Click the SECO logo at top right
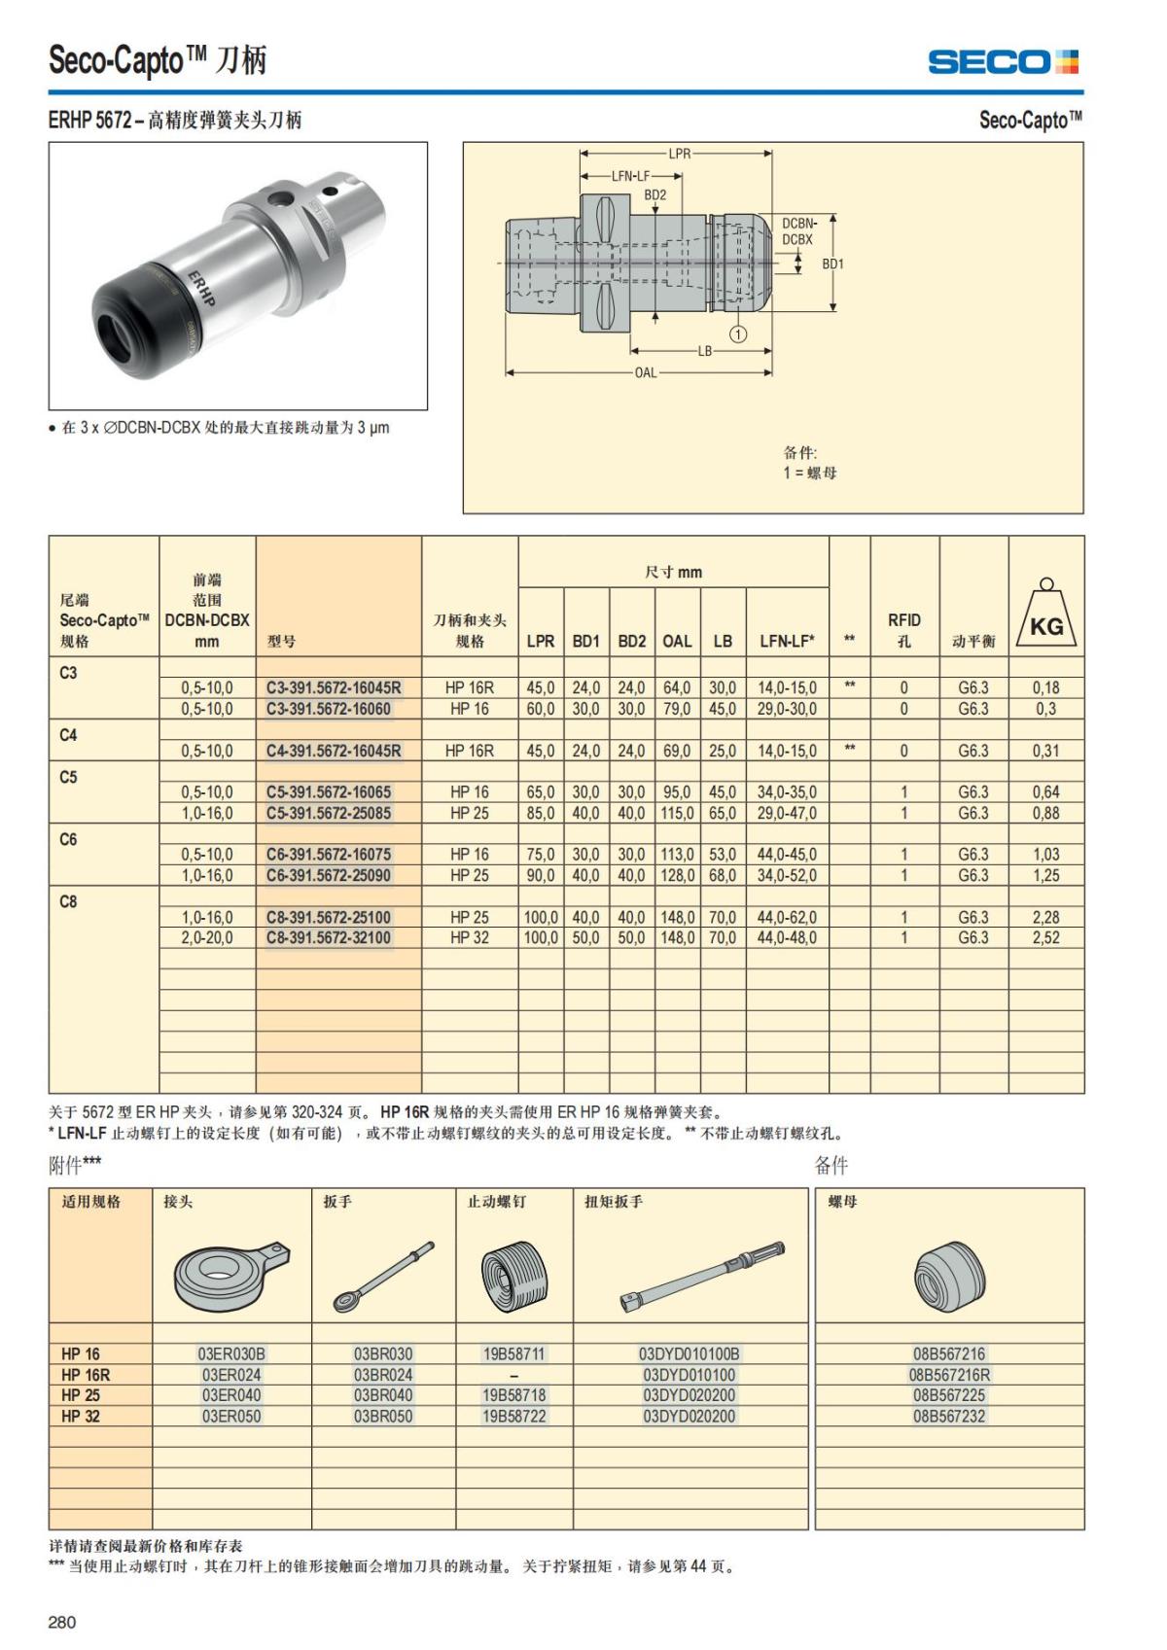pyautogui.click(x=1002, y=62)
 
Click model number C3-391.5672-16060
pyautogui.click(x=329, y=709)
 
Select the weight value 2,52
pyautogui.click(x=1045, y=938)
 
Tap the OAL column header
pyautogui.click(x=677, y=641)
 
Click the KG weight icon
pyautogui.click(x=1046, y=614)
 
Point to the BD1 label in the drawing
pyautogui.click(x=833, y=263)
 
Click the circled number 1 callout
pyautogui.click(x=738, y=334)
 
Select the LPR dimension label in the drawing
pyautogui.click(x=679, y=154)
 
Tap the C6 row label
pyautogui.click(x=69, y=839)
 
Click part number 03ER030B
pyautogui.click(x=231, y=1353)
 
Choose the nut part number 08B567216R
pyautogui.click(x=949, y=1375)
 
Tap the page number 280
pyautogui.click(x=62, y=1622)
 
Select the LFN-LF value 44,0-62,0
pyautogui.click(x=787, y=917)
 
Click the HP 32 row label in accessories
pyautogui.click(x=81, y=1417)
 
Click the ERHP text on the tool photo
pyautogui.click(x=201, y=289)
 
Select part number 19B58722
pyautogui.click(x=513, y=1417)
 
